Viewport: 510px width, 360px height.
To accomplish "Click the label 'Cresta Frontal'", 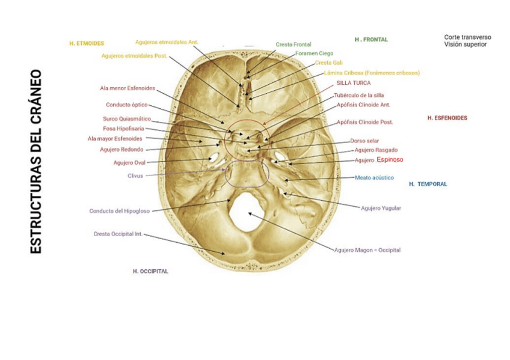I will [x=293, y=44].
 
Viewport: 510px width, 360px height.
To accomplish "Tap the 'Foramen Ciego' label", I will [x=314, y=53].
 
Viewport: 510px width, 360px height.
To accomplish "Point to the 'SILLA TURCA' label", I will [x=353, y=83].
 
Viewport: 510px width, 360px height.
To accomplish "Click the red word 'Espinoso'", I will [x=390, y=160].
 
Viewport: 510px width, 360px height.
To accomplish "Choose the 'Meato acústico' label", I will [x=374, y=178].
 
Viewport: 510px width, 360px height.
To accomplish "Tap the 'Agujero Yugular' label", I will [x=381, y=209].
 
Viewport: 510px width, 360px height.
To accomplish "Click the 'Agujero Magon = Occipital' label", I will [x=367, y=250].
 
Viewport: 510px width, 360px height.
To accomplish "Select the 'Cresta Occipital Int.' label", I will [x=118, y=234].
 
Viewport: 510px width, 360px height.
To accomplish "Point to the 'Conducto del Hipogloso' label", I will [x=119, y=211].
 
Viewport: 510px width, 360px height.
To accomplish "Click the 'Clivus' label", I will [x=135, y=176].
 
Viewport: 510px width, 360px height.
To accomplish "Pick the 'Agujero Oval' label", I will [x=129, y=162].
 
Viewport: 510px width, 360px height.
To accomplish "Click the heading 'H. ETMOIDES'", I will [x=87, y=43].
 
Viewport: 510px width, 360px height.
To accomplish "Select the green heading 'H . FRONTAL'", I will [x=371, y=40].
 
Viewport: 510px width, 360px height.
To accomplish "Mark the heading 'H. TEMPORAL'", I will [x=428, y=184].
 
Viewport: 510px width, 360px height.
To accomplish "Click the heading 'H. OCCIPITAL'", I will [x=150, y=271].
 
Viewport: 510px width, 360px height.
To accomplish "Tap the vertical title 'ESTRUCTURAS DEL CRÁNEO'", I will [x=35, y=161].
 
